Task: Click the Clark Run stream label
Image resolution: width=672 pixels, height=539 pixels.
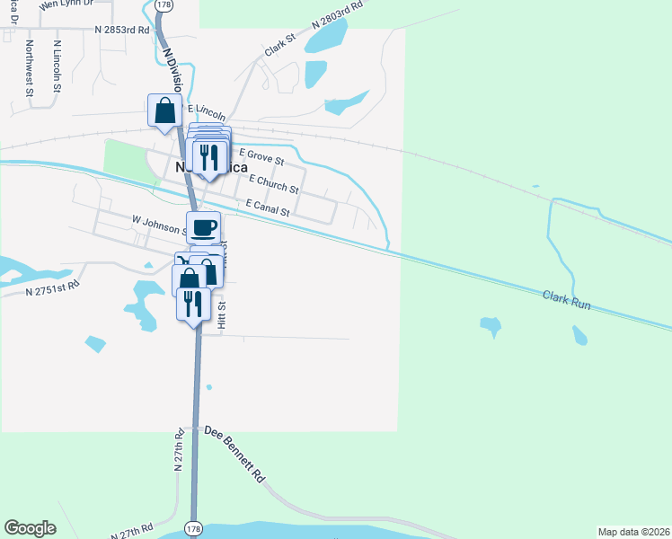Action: [566, 300]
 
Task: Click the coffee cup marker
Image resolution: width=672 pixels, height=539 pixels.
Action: [203, 226]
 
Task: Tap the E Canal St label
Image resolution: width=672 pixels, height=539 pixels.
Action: [268, 208]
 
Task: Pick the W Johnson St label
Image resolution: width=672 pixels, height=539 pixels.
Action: [158, 224]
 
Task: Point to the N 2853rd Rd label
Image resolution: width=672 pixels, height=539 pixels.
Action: [121, 30]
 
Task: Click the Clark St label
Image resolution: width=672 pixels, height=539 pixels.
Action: [279, 47]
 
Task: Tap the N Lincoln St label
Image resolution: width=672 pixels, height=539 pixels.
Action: [57, 66]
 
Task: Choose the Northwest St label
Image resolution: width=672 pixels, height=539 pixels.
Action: [30, 67]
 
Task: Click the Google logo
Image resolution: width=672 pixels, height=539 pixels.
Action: [30, 528]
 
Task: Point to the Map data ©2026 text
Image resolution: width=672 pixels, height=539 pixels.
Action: [632, 532]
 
